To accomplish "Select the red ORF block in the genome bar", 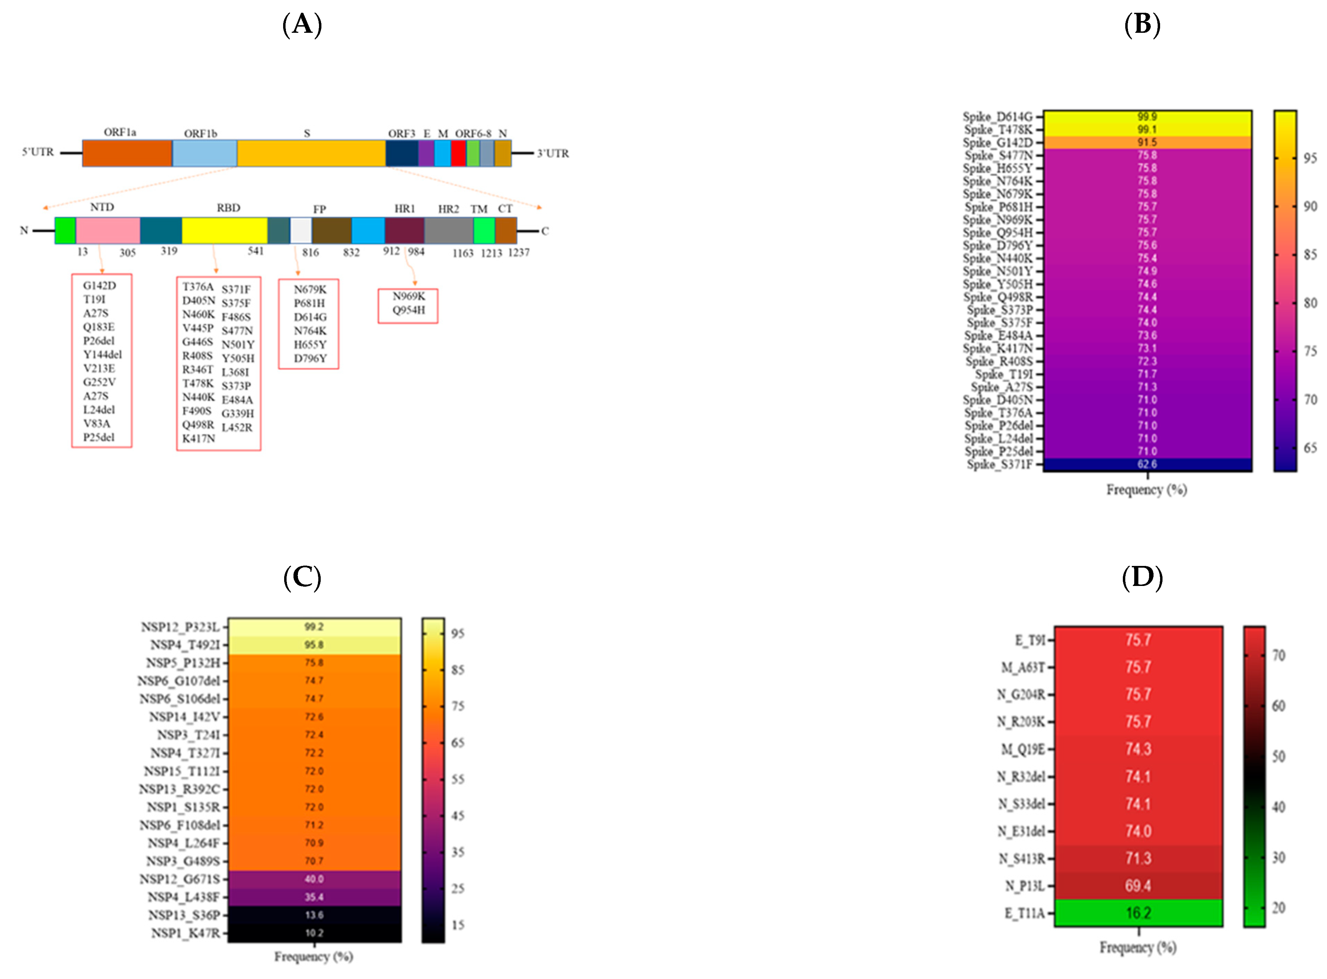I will coord(458,153).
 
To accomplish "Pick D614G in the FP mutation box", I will coord(310,317).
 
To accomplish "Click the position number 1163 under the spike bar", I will coord(462,253).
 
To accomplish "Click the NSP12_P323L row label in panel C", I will coord(180,627).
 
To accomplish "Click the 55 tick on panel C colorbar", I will coord(458,779).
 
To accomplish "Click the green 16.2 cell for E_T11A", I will coord(1138,913).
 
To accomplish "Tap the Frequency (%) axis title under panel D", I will coord(1138,947).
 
